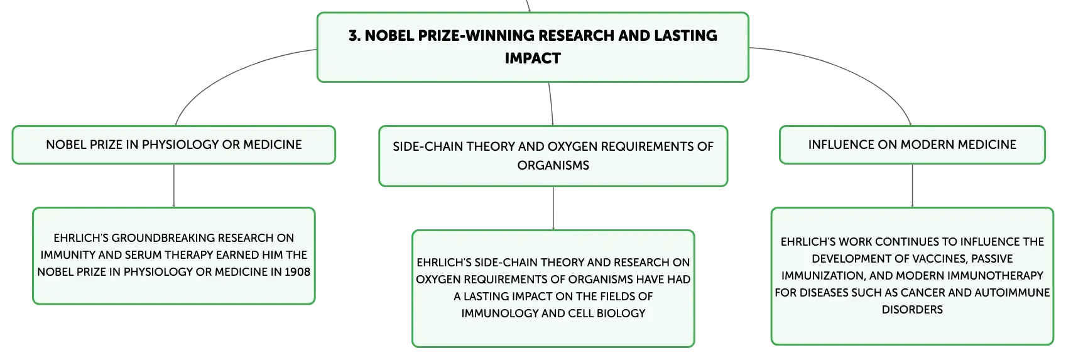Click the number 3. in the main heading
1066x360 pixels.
click(x=354, y=36)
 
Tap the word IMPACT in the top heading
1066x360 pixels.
click(x=533, y=58)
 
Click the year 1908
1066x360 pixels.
click(x=297, y=272)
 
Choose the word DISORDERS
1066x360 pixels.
click(x=912, y=310)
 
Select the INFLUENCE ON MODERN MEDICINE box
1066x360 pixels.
click(x=912, y=145)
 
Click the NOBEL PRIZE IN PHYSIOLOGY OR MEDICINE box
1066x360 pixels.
click(x=174, y=145)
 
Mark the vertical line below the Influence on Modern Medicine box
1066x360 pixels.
click(x=912, y=186)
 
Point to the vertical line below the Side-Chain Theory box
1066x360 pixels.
click(x=553, y=208)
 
